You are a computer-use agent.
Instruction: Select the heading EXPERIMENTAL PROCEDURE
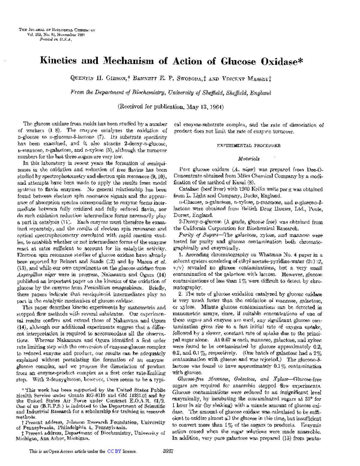pos(249,146)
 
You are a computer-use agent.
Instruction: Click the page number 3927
pos(168,451)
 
